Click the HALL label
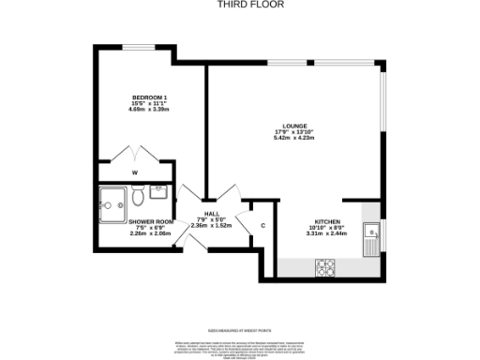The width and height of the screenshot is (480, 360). coord(198,214)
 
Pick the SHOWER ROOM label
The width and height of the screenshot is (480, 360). coord(125,221)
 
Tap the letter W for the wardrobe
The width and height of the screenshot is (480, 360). coord(135,172)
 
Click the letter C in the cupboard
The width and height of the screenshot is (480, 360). coord(262,226)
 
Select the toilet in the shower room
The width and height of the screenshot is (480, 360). coord(138,198)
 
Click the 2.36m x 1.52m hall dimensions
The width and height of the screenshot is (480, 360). coord(198,226)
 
